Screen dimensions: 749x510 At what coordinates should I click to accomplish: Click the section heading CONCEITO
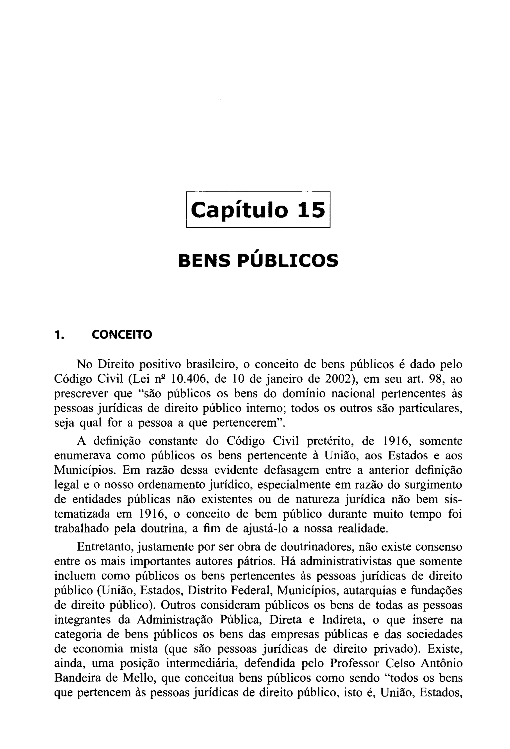coord(122,335)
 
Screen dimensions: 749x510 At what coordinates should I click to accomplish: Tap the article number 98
coord(437,379)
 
